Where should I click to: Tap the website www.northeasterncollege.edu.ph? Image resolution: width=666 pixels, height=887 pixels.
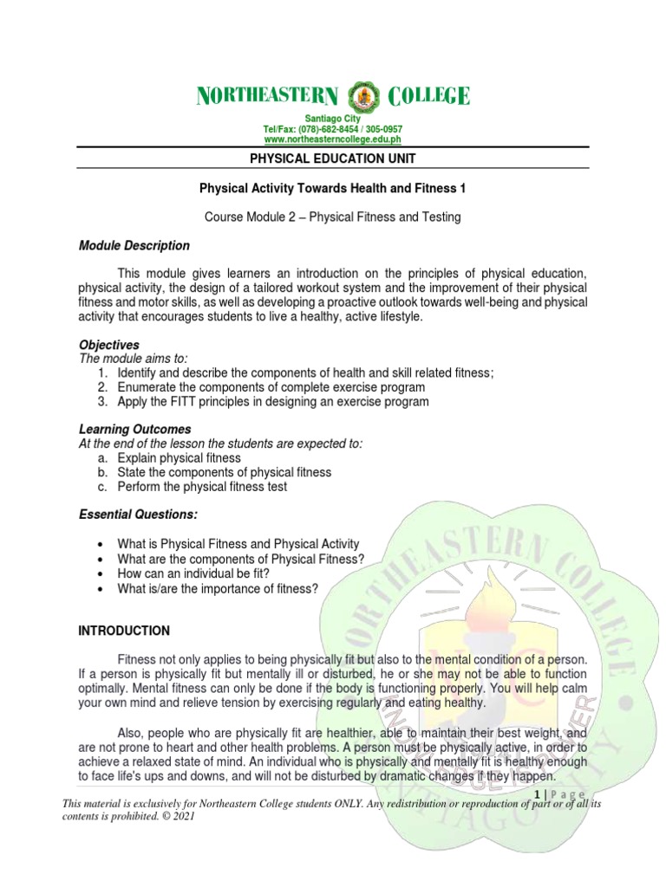tap(332, 139)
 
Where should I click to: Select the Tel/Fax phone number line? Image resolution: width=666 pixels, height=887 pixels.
tap(332, 129)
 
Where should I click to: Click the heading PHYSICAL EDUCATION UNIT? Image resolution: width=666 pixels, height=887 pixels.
tap(333, 159)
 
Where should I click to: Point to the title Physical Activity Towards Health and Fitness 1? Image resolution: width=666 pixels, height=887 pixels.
tap(333, 188)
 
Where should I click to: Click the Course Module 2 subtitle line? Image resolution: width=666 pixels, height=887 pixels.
tap(333, 217)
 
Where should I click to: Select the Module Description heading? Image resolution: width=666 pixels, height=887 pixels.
tap(134, 246)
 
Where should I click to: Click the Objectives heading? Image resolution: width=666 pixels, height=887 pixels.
tap(108, 345)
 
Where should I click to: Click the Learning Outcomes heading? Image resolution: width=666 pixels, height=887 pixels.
tap(134, 430)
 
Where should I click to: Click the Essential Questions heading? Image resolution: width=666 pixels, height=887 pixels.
tap(138, 515)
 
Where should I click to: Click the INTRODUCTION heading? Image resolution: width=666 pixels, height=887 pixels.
tap(124, 631)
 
